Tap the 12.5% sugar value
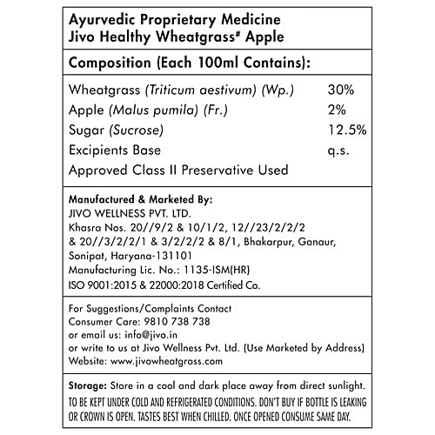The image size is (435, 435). click(x=347, y=131)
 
